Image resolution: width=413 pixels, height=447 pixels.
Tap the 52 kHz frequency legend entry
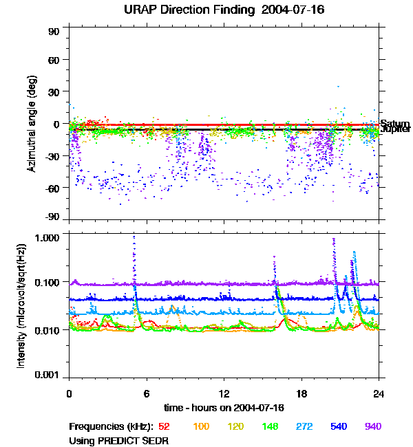click(x=164, y=426)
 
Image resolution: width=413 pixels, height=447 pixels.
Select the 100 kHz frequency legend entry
click(x=201, y=426)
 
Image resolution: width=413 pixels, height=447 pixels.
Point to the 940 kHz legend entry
click(x=372, y=426)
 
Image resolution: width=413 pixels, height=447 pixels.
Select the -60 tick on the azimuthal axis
click(x=52, y=188)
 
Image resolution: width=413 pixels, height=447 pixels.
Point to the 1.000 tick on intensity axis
click(x=49, y=237)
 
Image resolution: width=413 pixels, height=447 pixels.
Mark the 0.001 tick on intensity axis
click(x=49, y=375)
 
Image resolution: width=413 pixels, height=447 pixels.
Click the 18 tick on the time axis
click(x=301, y=394)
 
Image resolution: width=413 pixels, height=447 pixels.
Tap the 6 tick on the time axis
click(x=147, y=394)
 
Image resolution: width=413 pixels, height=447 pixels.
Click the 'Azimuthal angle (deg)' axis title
click(x=32, y=124)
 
